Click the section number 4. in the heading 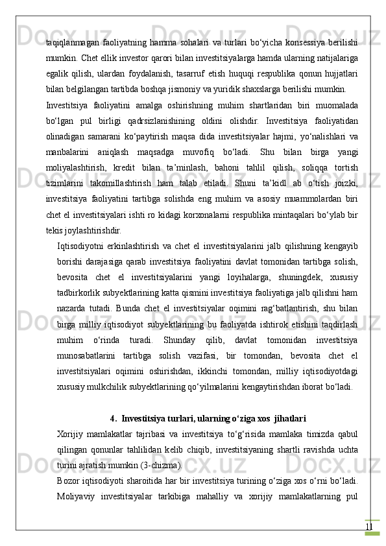point(114,419)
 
